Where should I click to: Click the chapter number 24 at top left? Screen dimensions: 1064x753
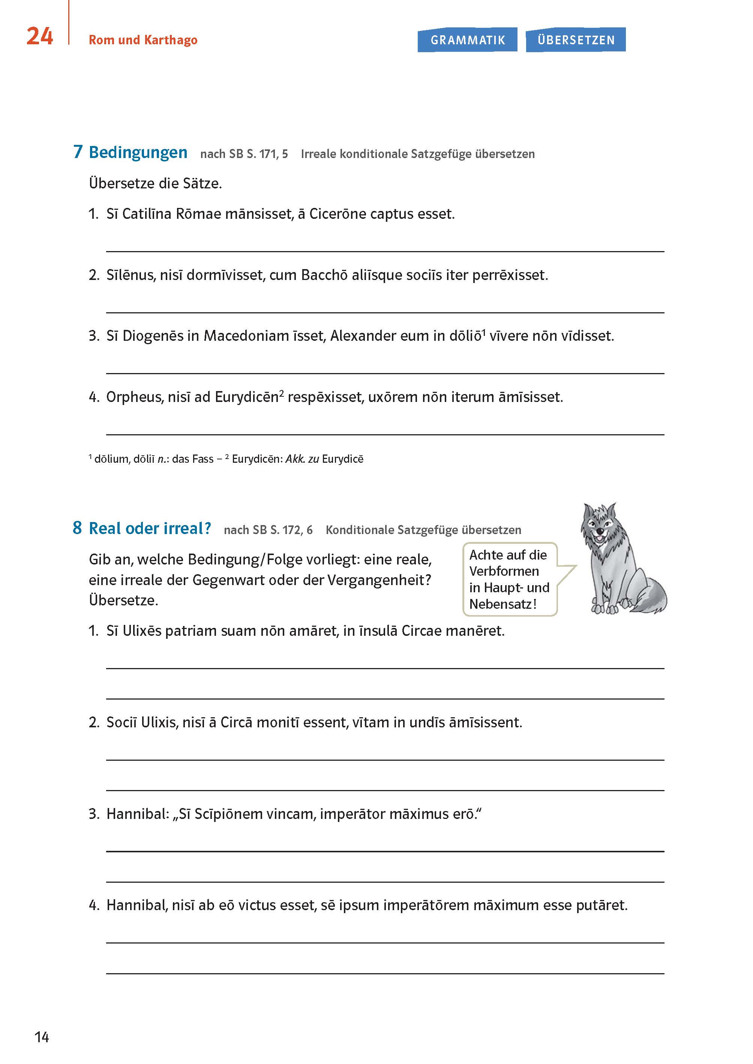39,36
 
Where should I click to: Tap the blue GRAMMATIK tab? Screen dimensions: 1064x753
467,40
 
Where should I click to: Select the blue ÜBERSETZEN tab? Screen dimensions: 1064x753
576,40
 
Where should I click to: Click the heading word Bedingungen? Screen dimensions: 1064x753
138,152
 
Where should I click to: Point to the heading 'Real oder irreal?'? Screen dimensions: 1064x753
149,528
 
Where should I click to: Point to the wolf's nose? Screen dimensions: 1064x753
600,531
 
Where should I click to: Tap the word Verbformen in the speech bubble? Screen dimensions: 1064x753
504,571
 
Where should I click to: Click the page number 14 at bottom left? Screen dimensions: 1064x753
42,1037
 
